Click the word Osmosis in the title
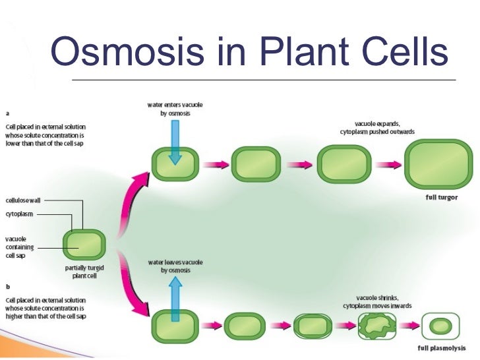tap(127, 51)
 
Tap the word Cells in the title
tap(405, 51)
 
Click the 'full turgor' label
tap(442, 197)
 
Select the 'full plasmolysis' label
tap(442, 348)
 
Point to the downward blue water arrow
tap(175, 142)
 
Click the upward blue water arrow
tap(175, 299)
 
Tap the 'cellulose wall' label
tap(23, 200)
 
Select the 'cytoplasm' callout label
tap(19, 214)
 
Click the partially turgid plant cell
tap(84, 245)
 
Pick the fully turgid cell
tap(438, 164)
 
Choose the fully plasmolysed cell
tap(440, 326)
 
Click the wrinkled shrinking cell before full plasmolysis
tap(377, 326)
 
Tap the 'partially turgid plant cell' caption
tap(84, 272)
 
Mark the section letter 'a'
tap(7, 113)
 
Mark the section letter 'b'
tap(8, 287)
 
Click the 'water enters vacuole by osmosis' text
tap(175, 109)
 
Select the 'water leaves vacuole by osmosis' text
tap(175, 266)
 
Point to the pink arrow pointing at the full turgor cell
tap(388, 165)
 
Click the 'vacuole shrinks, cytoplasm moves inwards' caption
tap(377, 302)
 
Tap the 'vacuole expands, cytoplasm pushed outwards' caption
tap(377, 128)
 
